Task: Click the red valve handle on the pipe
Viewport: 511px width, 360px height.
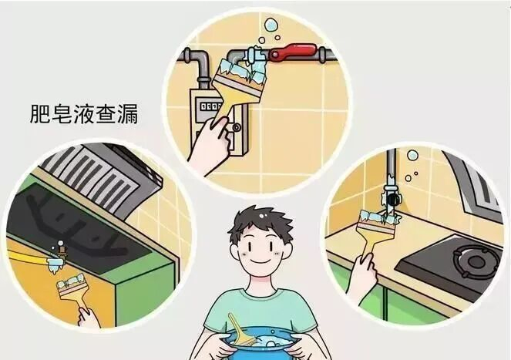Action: tap(292, 52)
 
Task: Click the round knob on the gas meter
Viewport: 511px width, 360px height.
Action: tap(237, 127)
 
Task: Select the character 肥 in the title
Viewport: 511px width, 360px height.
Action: tap(40, 114)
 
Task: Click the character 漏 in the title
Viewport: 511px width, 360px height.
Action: tap(128, 114)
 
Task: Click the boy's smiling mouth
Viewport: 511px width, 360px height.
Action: tap(260, 261)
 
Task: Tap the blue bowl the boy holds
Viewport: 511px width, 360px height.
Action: tap(260, 345)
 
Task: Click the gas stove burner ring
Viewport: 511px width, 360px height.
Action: tap(476, 261)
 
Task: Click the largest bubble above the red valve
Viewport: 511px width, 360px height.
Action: tap(271, 25)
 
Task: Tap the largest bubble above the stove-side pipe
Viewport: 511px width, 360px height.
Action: tap(412, 155)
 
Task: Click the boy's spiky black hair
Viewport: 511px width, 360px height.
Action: tap(260, 221)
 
